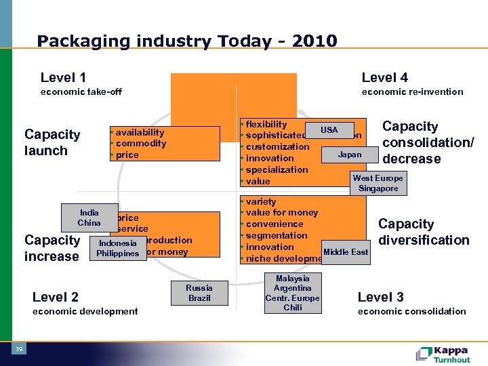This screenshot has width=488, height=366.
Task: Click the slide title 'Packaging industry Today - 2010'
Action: [187, 41]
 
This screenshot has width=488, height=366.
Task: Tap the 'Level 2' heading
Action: [56, 297]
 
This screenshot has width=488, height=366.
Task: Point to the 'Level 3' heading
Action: [380, 297]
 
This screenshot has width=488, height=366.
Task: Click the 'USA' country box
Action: [329, 129]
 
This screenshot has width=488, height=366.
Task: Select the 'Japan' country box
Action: [350, 155]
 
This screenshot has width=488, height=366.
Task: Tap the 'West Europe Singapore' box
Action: [378, 183]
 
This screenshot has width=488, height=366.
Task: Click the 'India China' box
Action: [89, 218]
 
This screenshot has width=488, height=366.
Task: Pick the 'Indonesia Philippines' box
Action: [117, 248]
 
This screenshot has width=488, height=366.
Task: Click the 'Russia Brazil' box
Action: [199, 293]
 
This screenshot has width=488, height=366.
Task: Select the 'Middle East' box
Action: [346, 252]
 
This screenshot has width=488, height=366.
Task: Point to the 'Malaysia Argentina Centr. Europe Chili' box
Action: [293, 293]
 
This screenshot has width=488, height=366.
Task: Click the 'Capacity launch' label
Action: [52, 142]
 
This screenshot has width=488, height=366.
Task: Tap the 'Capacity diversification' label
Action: [424, 232]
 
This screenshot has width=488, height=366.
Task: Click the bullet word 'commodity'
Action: [141, 144]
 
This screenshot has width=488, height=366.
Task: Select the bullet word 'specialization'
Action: [277, 169]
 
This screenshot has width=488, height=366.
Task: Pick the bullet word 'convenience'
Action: [274, 224]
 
